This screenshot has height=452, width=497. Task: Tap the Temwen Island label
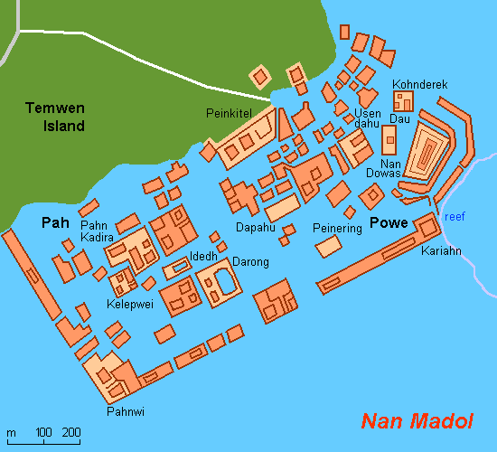click(x=54, y=118)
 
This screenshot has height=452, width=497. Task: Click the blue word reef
click(x=455, y=216)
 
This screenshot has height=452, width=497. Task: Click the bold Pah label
click(x=55, y=222)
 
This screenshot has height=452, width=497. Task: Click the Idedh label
click(x=202, y=257)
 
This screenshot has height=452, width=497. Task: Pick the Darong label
click(x=250, y=262)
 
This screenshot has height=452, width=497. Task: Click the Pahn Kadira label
click(x=97, y=231)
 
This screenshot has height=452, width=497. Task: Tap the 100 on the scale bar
click(x=42, y=431)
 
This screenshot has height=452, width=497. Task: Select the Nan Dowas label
click(x=383, y=166)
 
